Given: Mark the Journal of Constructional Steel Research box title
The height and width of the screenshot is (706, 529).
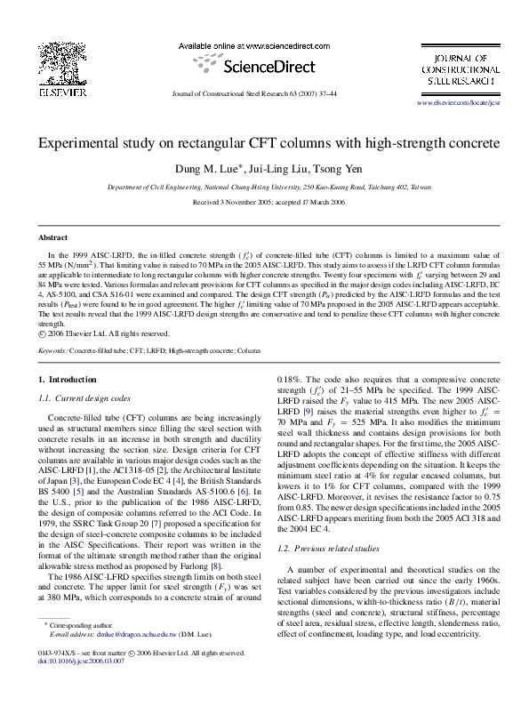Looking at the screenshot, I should tap(459, 68).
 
